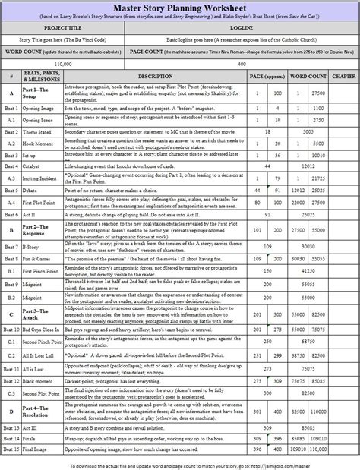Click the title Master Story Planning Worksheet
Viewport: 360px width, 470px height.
coord(180,8)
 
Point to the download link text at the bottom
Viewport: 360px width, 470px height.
coord(179,463)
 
